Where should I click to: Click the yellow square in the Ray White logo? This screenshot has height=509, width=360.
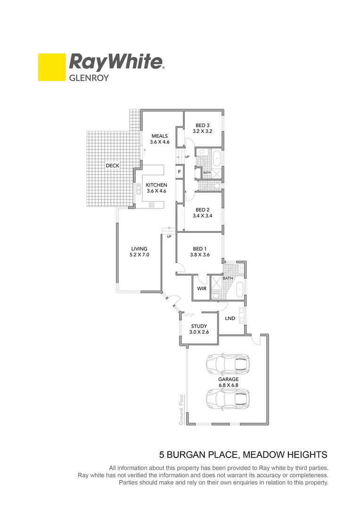(x=51, y=67)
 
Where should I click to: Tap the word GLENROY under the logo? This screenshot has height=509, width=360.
(x=89, y=78)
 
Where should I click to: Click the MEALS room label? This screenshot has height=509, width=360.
(x=159, y=136)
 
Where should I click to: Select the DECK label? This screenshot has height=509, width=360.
(x=112, y=166)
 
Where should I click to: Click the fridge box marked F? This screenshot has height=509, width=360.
(x=180, y=172)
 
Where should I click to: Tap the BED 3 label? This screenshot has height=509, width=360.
(x=202, y=125)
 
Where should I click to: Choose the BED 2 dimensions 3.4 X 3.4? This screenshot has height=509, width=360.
(x=202, y=216)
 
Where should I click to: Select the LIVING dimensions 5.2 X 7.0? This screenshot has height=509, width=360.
(x=139, y=254)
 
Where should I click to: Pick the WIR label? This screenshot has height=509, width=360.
(x=202, y=288)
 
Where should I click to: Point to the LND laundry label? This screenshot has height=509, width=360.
(x=230, y=319)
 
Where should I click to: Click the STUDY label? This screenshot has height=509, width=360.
(x=199, y=326)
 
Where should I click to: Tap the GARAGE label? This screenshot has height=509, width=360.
(x=228, y=379)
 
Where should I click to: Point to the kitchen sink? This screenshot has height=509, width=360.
(x=139, y=189)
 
